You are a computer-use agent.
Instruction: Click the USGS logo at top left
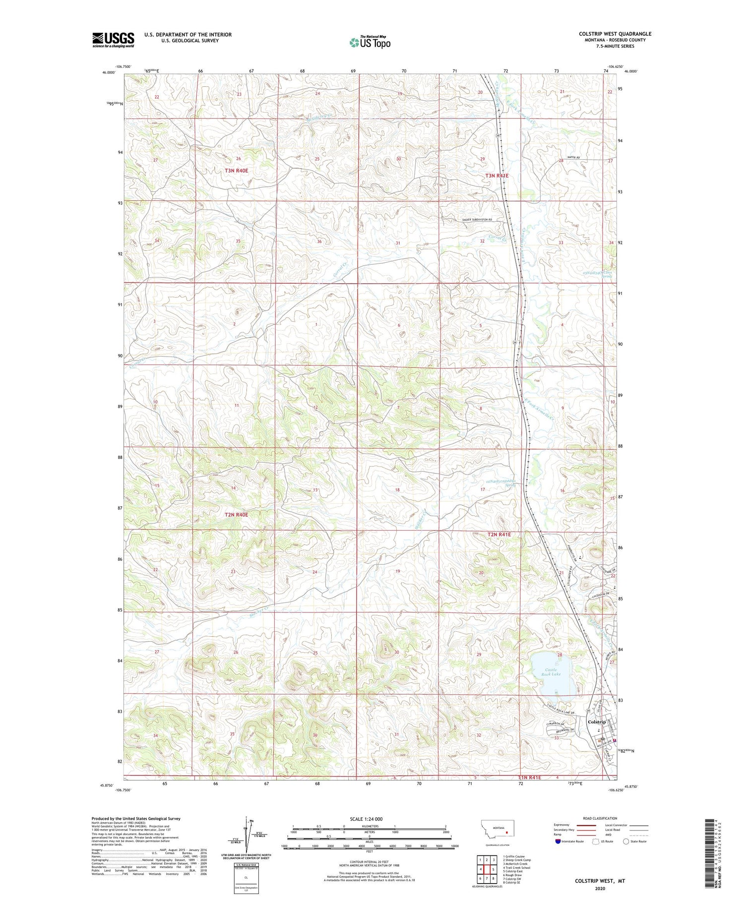[113, 40]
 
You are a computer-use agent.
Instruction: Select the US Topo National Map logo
[370, 42]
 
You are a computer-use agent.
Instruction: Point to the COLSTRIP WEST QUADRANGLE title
[615, 34]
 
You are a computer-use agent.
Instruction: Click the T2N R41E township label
[499, 535]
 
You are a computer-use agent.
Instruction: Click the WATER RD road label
[572, 157]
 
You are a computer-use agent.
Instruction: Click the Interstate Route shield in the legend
[558, 841]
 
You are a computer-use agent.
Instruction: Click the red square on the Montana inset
[507, 833]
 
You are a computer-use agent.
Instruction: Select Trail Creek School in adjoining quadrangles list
[516, 868]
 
